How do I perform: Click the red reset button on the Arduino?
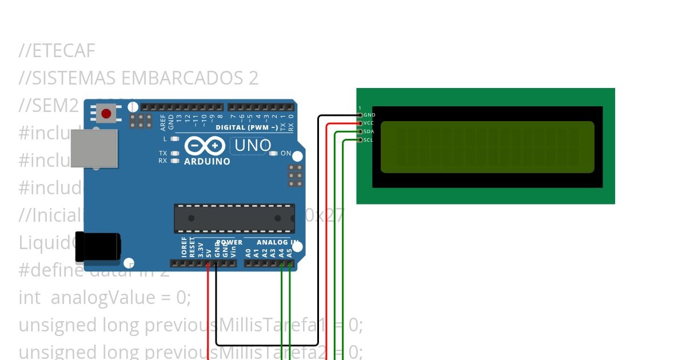(x=106, y=114)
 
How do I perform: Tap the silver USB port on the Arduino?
(x=94, y=149)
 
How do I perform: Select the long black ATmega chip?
(x=234, y=218)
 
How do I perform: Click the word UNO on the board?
(x=250, y=146)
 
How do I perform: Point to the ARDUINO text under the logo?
(x=207, y=162)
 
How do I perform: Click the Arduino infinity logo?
(x=205, y=147)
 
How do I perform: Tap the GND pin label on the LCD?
(x=369, y=115)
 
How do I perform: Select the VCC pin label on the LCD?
(x=369, y=123)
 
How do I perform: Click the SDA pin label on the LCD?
(x=369, y=131)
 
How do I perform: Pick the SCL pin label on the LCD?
(x=369, y=140)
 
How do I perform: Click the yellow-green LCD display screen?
(x=487, y=147)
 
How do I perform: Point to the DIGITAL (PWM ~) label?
(x=246, y=127)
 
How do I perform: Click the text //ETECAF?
(x=57, y=51)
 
